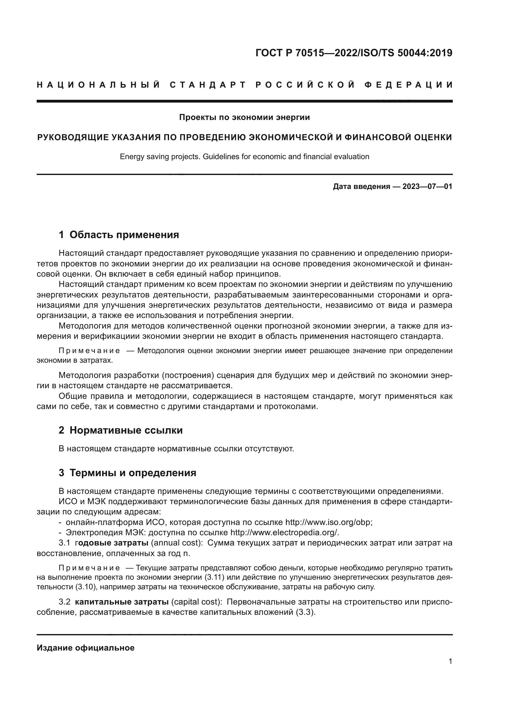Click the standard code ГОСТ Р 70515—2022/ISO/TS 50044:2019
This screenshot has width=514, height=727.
pyautogui.click(x=354, y=53)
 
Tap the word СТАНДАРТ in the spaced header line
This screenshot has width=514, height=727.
pyautogui.click(x=208, y=85)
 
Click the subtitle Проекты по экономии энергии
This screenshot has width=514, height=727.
pyautogui.click(x=244, y=117)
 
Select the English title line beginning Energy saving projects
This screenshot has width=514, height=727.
pyautogui.click(x=244, y=157)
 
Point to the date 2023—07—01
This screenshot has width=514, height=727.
pyautogui.click(x=427, y=186)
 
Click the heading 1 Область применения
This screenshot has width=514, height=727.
pyautogui.click(x=119, y=235)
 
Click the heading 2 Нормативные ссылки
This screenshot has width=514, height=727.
pyautogui.click(x=121, y=430)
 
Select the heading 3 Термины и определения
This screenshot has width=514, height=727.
pyautogui.click(x=127, y=473)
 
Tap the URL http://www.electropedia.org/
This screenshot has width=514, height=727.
pyautogui.click(x=284, y=533)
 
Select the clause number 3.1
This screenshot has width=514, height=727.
pyautogui.click(x=64, y=543)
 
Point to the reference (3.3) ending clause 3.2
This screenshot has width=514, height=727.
pyautogui.click(x=305, y=612)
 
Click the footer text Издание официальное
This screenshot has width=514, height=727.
pyautogui.click(x=85, y=648)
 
